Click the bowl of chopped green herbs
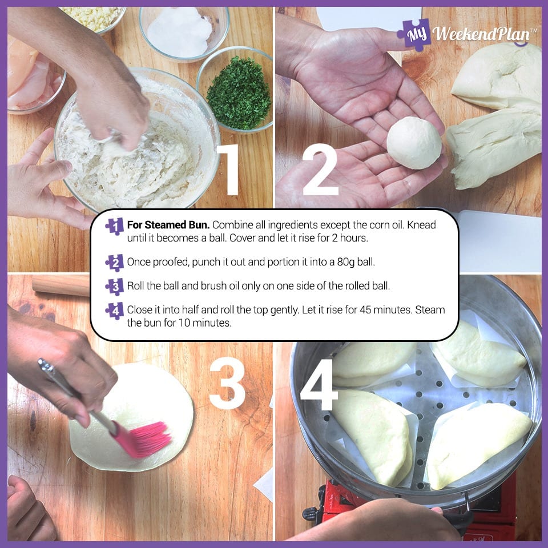[239, 92]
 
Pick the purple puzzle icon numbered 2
[115, 263]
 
